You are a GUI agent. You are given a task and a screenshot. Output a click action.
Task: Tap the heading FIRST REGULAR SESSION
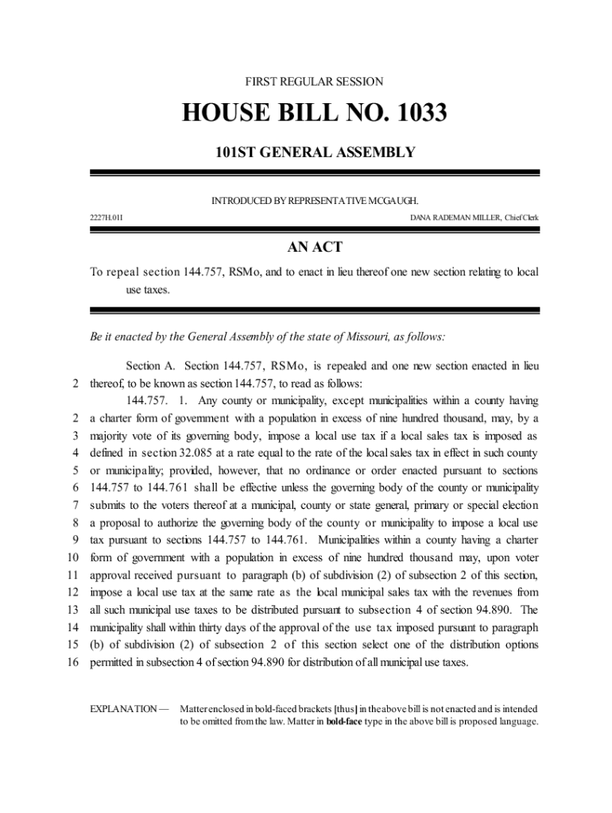click(x=315, y=82)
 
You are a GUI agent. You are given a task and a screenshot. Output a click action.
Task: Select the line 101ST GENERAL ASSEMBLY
click(x=315, y=152)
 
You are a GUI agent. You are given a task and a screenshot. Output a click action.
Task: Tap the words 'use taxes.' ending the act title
click(x=148, y=291)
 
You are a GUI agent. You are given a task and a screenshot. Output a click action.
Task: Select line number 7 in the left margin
click(x=74, y=505)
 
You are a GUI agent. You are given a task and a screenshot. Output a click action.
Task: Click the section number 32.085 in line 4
click(x=207, y=453)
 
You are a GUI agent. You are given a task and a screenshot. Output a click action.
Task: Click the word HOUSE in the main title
click(x=230, y=114)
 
